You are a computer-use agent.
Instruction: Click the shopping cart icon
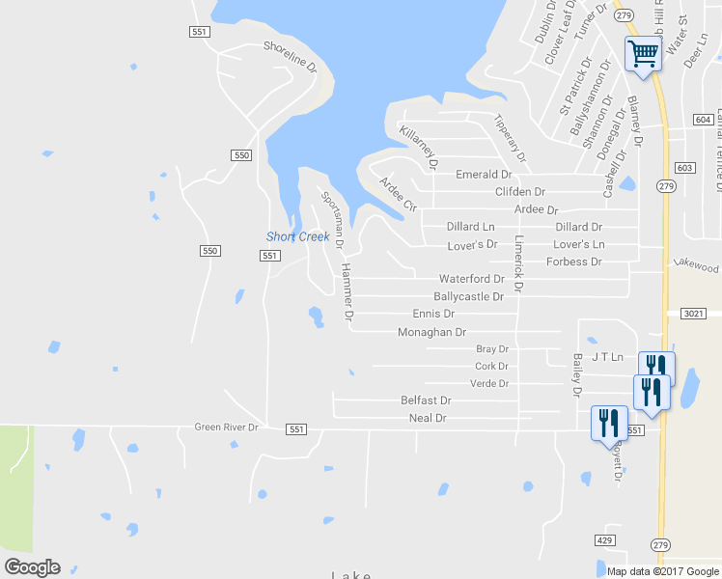[643, 54]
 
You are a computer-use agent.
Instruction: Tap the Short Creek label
[298, 237]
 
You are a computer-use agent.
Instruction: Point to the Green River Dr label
[227, 427]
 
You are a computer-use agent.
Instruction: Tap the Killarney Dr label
[420, 147]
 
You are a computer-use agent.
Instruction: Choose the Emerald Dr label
[484, 175]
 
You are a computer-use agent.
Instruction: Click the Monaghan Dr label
[431, 332]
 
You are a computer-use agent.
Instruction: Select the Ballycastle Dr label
[468, 297]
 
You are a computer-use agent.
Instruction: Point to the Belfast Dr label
[426, 400]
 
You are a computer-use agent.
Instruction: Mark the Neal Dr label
[428, 418]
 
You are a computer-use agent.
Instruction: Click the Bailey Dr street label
[576, 375]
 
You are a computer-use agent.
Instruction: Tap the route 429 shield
[605, 539]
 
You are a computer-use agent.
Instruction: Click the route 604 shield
[703, 119]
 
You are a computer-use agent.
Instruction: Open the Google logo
[32, 567]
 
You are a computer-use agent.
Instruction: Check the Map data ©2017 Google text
[662, 571]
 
